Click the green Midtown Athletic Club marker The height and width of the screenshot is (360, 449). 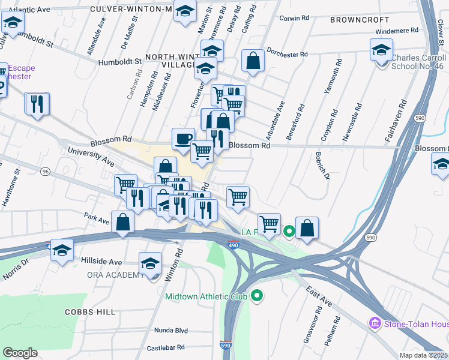tap(258, 295)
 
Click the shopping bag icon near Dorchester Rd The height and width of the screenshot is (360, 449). tap(253, 61)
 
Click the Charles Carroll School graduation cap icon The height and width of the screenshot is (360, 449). tap(381, 50)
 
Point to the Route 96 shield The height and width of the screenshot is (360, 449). tap(46, 172)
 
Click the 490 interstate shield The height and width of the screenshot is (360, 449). tap(234, 245)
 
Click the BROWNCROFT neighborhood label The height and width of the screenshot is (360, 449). tap(355, 20)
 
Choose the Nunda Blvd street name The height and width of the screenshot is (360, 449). tap(171, 331)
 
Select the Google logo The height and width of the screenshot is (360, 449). tap(20, 353)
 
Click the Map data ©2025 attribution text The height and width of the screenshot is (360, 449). tap(423, 355)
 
